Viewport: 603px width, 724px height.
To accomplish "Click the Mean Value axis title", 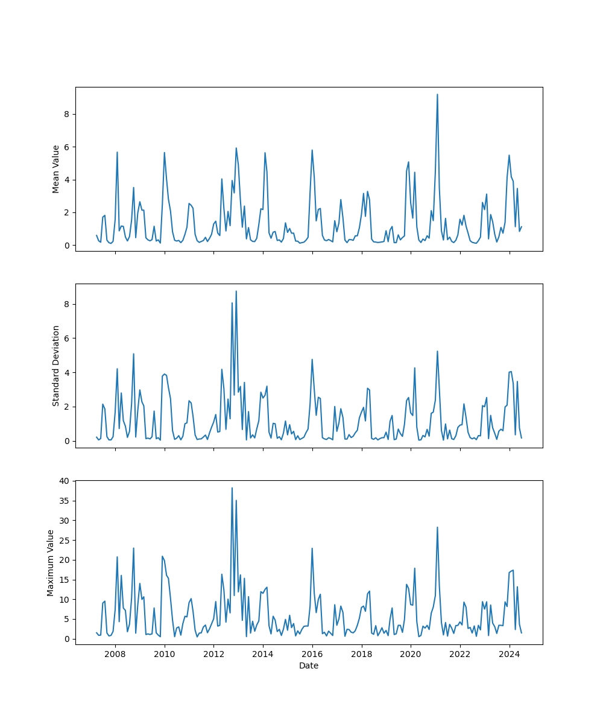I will (56, 169).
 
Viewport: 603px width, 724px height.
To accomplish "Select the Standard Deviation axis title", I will (56, 366).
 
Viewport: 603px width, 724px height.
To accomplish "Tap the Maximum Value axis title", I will (51, 562).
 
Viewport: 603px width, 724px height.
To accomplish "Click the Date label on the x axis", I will (309, 665).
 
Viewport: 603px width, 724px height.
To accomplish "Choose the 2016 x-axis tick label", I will (312, 654).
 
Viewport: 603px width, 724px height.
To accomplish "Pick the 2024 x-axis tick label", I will (509, 654).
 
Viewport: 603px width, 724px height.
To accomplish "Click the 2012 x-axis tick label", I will (213, 654).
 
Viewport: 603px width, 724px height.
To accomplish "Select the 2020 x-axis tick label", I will (411, 654).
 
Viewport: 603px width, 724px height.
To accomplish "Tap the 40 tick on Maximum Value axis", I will (64, 481).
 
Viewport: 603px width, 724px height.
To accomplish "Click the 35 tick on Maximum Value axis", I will (64, 501).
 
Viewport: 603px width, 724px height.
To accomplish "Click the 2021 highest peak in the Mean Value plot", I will (437, 94).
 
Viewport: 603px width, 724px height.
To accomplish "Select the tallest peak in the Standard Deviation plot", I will (236, 291).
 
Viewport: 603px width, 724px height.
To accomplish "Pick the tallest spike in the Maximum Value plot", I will (232, 487).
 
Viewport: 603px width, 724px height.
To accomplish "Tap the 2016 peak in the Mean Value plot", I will (312, 150).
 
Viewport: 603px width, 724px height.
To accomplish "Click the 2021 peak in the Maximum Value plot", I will (437, 527).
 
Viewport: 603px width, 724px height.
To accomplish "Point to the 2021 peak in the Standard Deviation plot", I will (437, 351).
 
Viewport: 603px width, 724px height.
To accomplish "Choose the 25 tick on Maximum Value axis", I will (64, 540).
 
